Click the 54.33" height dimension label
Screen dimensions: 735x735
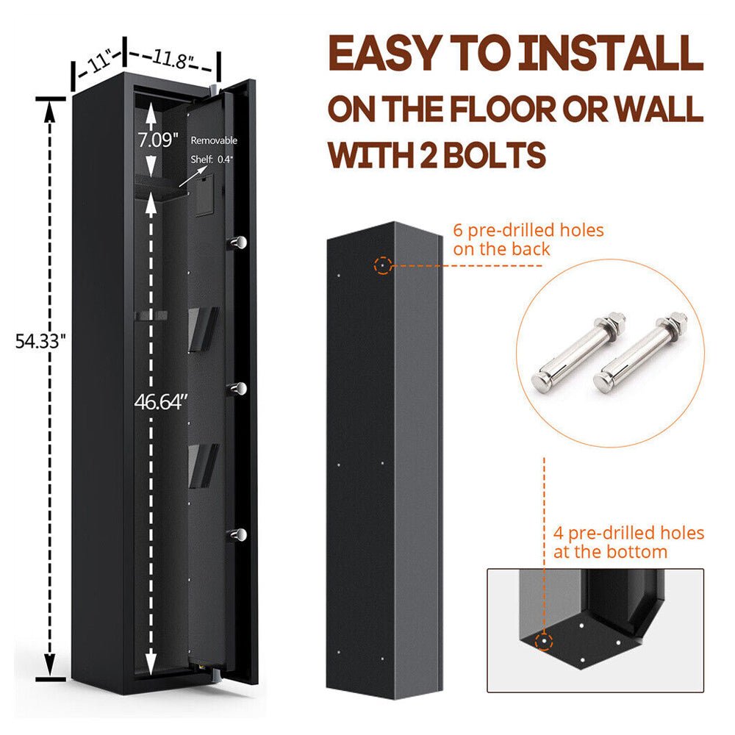[41, 340]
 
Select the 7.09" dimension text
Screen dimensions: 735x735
[157, 140]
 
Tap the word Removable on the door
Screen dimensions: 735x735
[214, 140]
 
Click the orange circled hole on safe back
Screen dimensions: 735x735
[381, 265]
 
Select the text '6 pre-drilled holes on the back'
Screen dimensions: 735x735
[528, 240]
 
